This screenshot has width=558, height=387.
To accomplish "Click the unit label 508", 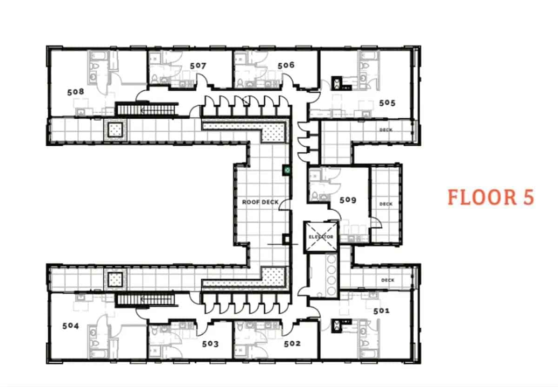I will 75,92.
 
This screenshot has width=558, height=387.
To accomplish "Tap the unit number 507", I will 198,66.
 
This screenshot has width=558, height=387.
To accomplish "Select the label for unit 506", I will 286,65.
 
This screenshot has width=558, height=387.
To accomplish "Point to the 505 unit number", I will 387,102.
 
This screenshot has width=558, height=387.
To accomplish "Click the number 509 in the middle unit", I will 348,200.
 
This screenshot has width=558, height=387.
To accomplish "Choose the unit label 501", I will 381,310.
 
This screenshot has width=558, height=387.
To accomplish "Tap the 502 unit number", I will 292,344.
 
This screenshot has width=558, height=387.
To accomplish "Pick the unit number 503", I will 210,344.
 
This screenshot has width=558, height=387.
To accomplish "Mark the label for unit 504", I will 71,326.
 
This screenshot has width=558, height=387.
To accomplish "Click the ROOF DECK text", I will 260,202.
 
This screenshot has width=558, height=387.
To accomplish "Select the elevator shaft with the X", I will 321,237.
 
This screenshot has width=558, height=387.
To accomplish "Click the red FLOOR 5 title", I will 491,197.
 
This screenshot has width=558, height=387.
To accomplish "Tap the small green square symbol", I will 287,170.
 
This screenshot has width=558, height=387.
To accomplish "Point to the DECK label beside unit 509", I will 386,204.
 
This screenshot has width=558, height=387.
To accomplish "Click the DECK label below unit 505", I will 386,130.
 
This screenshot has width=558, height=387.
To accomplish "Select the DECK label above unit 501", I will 387,280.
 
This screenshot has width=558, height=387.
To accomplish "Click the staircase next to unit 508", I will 146,109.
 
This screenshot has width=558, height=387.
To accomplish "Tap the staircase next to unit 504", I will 146,300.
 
